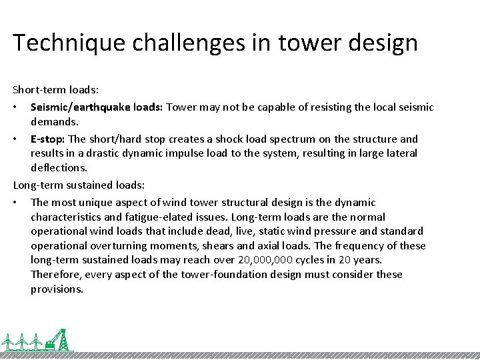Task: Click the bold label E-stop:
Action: [x=48, y=139]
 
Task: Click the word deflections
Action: [x=59, y=168]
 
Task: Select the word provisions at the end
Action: [x=57, y=289]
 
